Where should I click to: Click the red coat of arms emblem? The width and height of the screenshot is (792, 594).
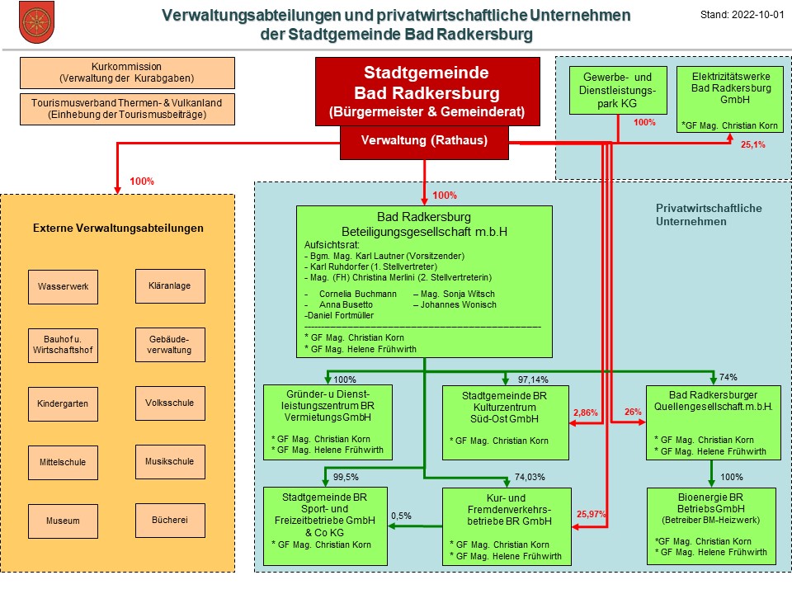(36, 23)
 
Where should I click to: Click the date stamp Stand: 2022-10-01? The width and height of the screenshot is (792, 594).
(742, 15)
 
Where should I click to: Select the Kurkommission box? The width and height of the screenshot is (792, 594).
(127, 73)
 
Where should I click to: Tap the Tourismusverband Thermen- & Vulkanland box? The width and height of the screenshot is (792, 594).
(127, 109)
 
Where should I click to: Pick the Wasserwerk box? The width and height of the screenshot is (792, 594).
(64, 287)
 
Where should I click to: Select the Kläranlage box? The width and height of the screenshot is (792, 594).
(170, 286)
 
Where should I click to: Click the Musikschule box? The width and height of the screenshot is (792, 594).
(170, 462)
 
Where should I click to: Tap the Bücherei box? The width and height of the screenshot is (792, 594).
(170, 521)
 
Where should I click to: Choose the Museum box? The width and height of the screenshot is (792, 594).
(64, 521)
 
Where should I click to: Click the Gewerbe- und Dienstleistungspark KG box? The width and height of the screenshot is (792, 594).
(618, 91)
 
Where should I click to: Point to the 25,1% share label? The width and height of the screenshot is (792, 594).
(752, 145)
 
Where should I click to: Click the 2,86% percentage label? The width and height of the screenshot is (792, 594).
(586, 412)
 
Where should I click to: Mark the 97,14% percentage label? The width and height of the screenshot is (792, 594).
(533, 379)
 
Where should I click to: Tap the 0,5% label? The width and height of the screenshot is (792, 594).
(401, 516)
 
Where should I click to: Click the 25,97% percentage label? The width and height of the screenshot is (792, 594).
(591, 514)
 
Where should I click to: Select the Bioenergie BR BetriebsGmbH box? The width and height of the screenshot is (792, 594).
(711, 526)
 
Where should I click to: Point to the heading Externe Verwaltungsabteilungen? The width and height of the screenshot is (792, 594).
(118, 229)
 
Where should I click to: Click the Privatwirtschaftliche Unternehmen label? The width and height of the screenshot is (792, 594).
(709, 214)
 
